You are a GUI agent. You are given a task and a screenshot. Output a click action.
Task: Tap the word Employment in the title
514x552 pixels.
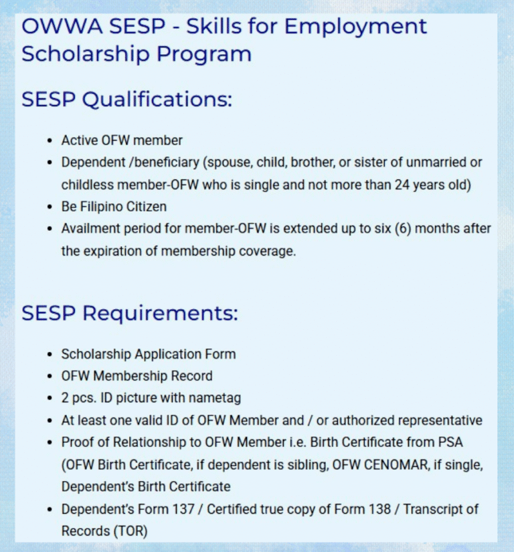click(x=355, y=27)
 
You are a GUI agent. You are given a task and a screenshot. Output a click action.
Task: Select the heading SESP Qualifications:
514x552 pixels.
click(x=126, y=100)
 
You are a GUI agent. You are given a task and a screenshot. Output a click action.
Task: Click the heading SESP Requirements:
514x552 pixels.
click(x=130, y=313)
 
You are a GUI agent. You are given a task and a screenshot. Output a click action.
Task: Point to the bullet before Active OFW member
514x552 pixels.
click(x=50, y=141)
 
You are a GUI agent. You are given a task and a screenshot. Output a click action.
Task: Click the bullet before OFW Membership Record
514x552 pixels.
click(x=50, y=376)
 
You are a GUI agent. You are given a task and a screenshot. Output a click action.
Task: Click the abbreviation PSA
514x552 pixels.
click(x=450, y=442)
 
